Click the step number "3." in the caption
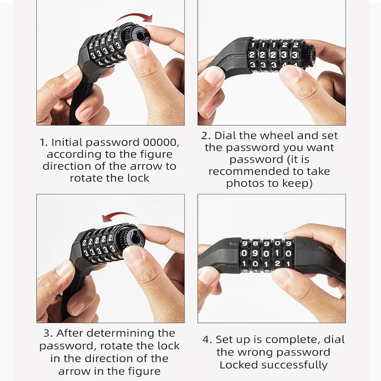49,333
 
